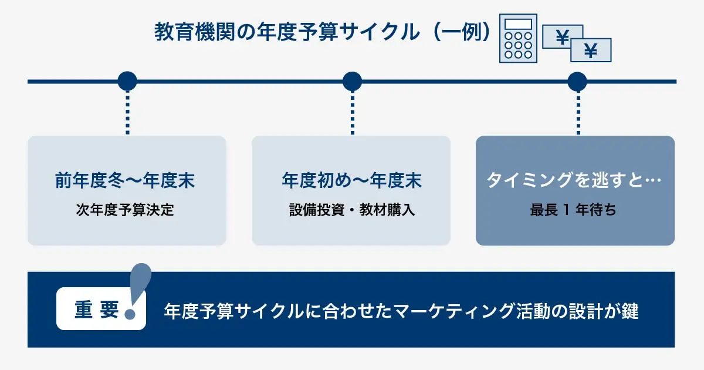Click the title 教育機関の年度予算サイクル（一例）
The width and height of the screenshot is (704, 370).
point(322,32)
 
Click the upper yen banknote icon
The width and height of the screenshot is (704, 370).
point(563,36)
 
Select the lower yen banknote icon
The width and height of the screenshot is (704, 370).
point(591,51)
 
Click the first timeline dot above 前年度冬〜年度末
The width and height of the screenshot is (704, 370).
point(127,81)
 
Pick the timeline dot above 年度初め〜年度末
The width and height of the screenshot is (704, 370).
point(351,81)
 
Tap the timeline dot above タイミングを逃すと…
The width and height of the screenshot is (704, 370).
point(577,81)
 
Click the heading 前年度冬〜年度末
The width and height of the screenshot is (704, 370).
point(126,180)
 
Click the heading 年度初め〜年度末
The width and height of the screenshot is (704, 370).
point(351,180)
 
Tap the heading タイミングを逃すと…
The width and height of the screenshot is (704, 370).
point(574,180)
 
